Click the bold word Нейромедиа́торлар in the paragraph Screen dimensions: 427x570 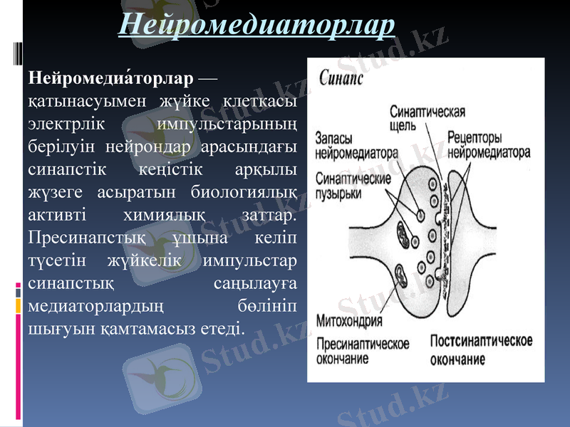click(x=110, y=77)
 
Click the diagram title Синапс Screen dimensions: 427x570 click(x=341, y=77)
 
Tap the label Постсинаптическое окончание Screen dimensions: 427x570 click(x=481, y=349)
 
